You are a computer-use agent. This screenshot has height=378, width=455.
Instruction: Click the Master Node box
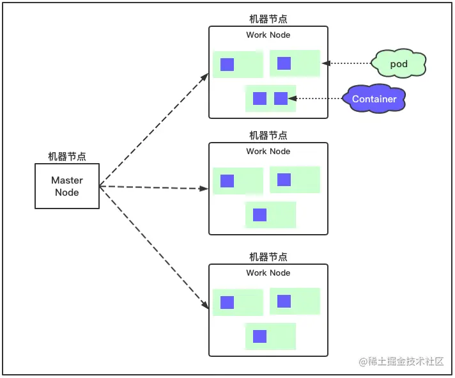click(x=67, y=186)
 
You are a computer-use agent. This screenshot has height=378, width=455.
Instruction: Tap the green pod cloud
click(x=399, y=63)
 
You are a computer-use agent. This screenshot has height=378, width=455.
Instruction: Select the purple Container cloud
click(x=374, y=98)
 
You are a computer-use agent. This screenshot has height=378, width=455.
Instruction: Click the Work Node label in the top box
click(x=268, y=35)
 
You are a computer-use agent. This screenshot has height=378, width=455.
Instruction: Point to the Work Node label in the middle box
click(x=268, y=151)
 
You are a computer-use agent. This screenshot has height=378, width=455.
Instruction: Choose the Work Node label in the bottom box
click(x=268, y=273)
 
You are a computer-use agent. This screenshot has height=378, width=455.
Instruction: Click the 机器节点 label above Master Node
click(x=67, y=156)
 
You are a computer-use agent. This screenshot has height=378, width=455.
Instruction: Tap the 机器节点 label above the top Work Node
click(x=268, y=19)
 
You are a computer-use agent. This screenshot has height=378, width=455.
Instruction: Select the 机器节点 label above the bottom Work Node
click(x=268, y=256)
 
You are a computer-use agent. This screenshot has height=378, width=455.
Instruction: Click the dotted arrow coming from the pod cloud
click(x=346, y=63)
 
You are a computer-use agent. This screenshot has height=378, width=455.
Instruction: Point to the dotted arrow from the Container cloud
click(x=316, y=98)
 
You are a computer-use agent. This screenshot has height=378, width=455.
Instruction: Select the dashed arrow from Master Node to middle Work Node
click(x=154, y=187)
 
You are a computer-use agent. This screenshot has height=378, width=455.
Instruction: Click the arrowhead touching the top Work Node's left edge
click(x=204, y=77)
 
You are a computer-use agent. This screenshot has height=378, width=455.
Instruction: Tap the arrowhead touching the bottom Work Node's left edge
click(x=205, y=304)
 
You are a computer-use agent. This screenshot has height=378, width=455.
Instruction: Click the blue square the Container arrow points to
click(x=281, y=98)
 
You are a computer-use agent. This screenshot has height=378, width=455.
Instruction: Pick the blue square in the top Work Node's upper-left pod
click(x=227, y=65)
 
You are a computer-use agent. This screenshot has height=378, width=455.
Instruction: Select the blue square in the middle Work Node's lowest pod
click(x=259, y=215)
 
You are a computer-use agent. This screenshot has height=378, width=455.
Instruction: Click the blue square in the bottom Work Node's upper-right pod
click(x=284, y=301)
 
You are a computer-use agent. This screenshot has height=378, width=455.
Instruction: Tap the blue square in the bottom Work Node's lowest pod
click(x=259, y=336)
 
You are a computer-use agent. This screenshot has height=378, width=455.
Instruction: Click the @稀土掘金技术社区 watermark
click(x=401, y=362)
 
